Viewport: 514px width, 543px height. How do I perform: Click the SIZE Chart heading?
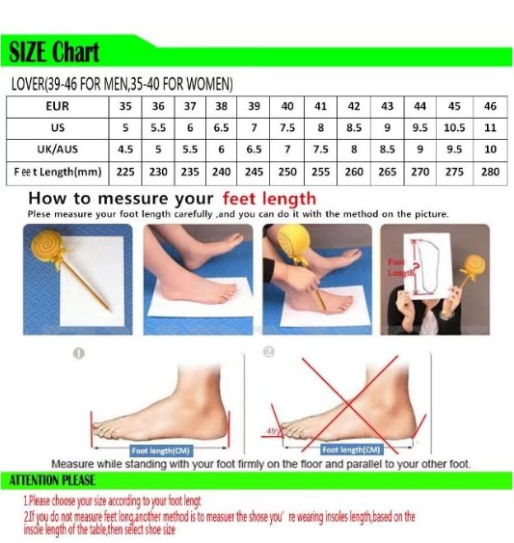point(54,52)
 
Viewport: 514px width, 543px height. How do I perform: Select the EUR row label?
point(58,106)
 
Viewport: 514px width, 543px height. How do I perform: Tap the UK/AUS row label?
point(58,149)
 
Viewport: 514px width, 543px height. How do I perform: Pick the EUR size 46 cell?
point(490,106)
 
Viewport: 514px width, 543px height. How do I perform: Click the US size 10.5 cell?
point(454,128)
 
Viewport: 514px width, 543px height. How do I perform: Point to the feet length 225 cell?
point(125,172)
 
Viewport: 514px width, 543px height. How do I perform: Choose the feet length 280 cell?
point(490,172)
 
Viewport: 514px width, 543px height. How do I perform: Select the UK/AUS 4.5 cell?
point(125,149)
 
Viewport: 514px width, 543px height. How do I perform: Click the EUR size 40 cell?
point(287,106)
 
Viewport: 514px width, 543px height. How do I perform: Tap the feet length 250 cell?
point(287,172)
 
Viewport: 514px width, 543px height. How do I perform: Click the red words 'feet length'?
point(269,199)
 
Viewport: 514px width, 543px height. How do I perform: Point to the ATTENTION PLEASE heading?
point(52,480)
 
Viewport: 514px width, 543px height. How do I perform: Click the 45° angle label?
point(272,431)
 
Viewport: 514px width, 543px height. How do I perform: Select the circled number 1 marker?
point(79,354)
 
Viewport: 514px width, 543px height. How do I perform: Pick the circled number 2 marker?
point(269,352)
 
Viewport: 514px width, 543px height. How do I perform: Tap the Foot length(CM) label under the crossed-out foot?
point(351,449)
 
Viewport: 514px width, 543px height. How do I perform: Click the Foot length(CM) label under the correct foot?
point(160,450)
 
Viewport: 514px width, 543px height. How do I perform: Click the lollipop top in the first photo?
point(46,246)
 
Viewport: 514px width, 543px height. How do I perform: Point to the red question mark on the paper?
point(417,267)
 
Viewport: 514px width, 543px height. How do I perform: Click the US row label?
point(58,128)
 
